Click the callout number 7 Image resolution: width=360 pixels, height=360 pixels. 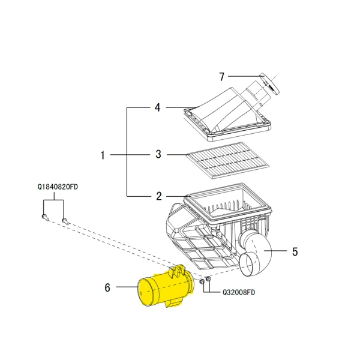pyautogui.click(x=222, y=77)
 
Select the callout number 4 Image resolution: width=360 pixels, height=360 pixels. pyautogui.click(x=158, y=108)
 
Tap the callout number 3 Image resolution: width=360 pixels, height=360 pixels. pyautogui.click(x=158, y=154)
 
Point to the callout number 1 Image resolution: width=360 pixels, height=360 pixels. pyautogui.click(x=103, y=155)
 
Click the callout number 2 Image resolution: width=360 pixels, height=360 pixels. pyautogui.click(x=159, y=196)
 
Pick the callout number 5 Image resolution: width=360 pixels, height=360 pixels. pyautogui.click(x=295, y=251)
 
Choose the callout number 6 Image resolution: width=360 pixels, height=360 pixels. pyautogui.click(x=107, y=287)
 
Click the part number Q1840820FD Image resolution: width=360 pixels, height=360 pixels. pyautogui.click(x=58, y=187)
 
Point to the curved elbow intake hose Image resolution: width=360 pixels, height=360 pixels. pyautogui.click(x=255, y=255)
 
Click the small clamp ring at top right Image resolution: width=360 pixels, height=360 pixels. pyautogui.click(x=270, y=84)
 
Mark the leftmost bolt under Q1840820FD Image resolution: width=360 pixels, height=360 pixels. pyautogui.click(x=45, y=216)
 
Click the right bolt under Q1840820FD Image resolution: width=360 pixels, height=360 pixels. pyautogui.click(x=65, y=221)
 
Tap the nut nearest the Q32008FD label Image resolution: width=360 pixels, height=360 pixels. pyautogui.click(x=208, y=280)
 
